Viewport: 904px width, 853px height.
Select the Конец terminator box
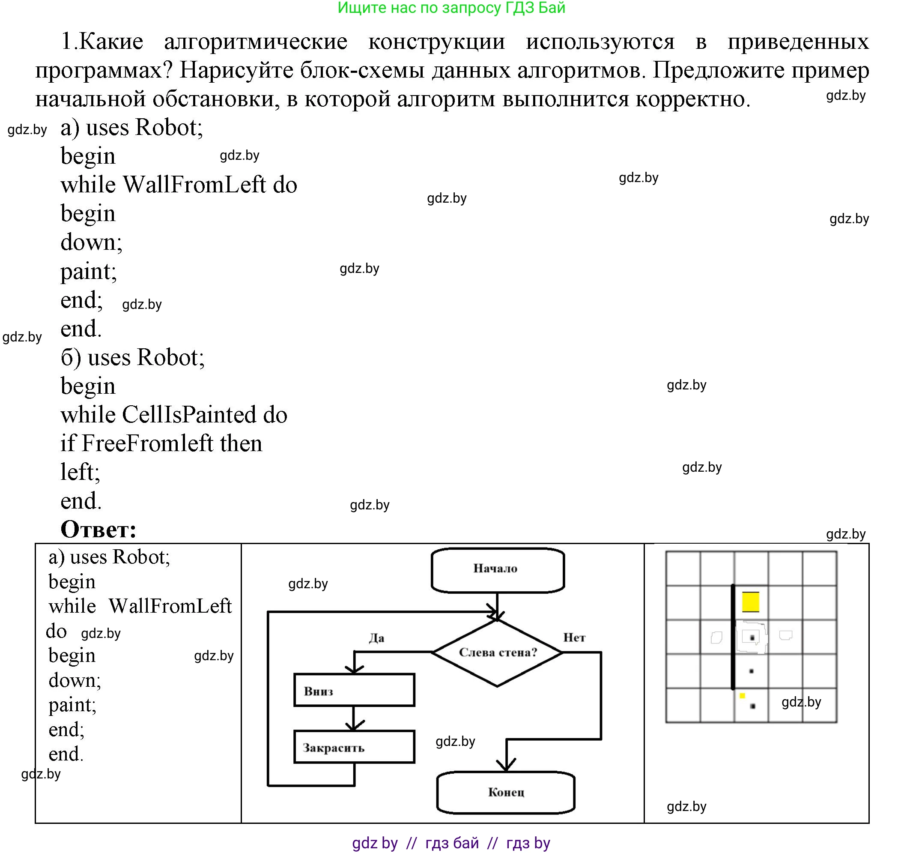tap(506, 792)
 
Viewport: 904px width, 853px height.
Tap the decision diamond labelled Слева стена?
tap(498, 653)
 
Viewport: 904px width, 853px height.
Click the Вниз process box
tap(354, 690)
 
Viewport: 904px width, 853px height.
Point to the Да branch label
tap(376, 638)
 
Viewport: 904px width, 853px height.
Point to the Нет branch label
tap(574, 638)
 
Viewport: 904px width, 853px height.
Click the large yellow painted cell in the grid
tap(750, 602)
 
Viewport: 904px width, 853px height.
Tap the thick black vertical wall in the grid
tap(733, 637)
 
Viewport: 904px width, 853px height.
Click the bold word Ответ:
tap(98, 529)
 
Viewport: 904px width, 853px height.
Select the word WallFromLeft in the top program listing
tap(194, 185)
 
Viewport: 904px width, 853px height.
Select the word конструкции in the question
tap(436, 42)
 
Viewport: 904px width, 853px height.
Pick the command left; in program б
tap(80, 472)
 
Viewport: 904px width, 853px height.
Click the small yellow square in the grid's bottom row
tap(742, 696)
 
